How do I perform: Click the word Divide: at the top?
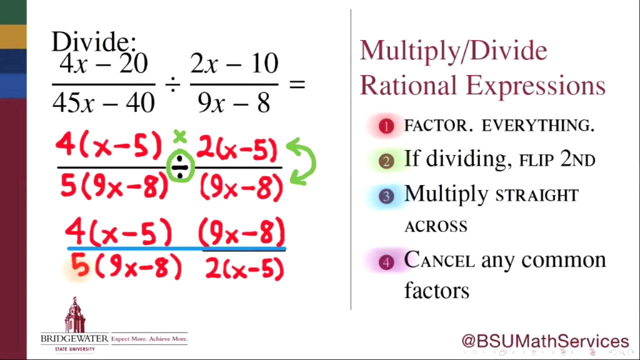tap(93, 42)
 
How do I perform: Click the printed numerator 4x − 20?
tap(103, 64)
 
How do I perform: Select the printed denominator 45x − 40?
tap(103, 102)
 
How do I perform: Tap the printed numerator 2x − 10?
tap(234, 64)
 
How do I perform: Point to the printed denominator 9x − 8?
tap(234, 102)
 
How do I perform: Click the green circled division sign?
tap(180, 168)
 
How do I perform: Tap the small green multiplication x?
tap(180, 136)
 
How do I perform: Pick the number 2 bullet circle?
tap(386, 161)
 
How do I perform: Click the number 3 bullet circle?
tap(386, 196)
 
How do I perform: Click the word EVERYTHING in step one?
tap(538, 126)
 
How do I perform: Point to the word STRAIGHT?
tap(536, 195)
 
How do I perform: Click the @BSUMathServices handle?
tap(545, 341)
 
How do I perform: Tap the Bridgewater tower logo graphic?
tap(75, 315)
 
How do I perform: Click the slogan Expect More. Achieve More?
tap(149, 339)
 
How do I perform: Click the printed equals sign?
tap(297, 84)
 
